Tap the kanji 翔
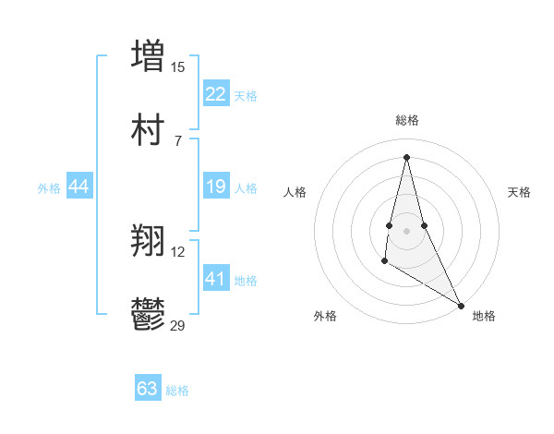point(148,243)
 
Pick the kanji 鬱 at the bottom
point(148,316)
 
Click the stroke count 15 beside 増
point(178,66)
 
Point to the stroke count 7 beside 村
point(178,140)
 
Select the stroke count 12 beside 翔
point(178,252)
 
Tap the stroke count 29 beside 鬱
point(178,325)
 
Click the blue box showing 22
point(216,94)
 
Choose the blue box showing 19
point(216,187)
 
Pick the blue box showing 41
point(216,279)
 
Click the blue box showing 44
point(79,187)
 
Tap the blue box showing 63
point(148,389)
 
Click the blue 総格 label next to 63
point(177,391)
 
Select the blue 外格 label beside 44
point(49,188)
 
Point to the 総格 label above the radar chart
point(407,120)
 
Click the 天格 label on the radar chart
point(520,192)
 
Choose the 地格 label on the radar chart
point(484,316)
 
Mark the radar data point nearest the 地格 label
point(462,305)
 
